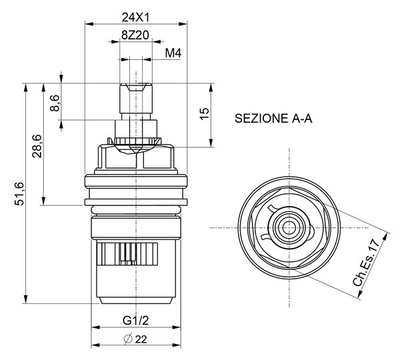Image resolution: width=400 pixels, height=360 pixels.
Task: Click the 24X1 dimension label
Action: tap(135, 17)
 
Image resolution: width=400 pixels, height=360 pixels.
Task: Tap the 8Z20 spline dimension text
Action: tap(135, 35)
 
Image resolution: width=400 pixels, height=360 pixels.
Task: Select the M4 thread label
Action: tap(173, 53)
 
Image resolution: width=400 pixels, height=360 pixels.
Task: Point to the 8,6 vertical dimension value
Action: tap(55, 103)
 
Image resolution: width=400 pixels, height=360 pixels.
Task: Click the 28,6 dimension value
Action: tap(37, 146)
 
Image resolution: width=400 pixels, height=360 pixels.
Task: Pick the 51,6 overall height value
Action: tap(19, 194)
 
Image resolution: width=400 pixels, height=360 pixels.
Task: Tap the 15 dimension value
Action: tap(205, 114)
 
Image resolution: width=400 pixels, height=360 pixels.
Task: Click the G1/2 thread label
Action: tap(135, 321)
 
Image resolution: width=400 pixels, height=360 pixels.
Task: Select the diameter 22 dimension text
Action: tap(135, 339)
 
